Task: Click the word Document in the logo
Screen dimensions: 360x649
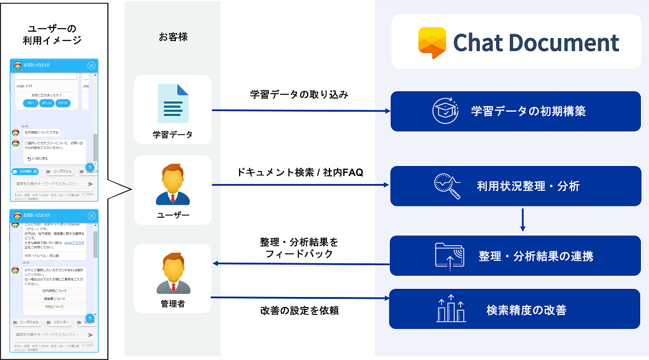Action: click(x=562, y=42)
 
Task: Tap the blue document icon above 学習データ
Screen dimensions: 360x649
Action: click(x=173, y=104)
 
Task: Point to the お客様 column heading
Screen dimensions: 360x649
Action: click(x=173, y=37)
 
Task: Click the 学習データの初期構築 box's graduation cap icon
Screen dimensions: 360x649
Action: click(x=446, y=111)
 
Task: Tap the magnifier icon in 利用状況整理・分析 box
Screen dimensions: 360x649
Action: click(x=447, y=186)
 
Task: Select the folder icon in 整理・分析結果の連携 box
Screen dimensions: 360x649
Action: click(x=450, y=256)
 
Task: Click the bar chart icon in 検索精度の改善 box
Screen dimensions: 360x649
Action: click(x=451, y=309)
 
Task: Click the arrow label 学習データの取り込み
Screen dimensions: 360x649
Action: click(x=299, y=95)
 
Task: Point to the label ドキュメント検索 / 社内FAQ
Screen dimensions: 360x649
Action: click(x=300, y=172)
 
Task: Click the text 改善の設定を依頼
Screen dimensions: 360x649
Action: click(x=299, y=310)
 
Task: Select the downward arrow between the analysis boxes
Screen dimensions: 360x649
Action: click(x=522, y=220)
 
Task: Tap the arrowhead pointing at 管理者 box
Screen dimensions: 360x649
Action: click(x=216, y=263)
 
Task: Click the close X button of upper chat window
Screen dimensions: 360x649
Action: click(x=92, y=66)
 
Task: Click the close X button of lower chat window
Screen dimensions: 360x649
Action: click(x=92, y=215)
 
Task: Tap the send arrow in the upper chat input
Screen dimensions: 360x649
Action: click(x=90, y=184)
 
